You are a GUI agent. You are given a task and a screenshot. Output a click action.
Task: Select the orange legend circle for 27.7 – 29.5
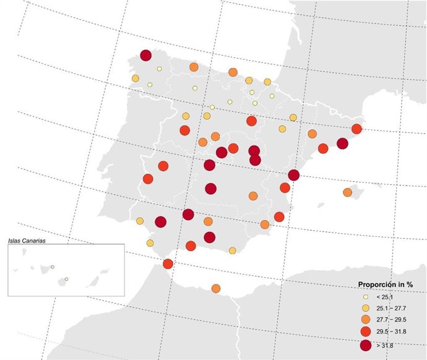coord(366,319)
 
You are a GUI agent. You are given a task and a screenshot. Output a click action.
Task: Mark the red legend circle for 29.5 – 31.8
coord(366,331)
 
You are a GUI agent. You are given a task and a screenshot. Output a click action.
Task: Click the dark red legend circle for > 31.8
coord(366,345)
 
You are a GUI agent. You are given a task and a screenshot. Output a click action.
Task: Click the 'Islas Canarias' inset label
coord(28,240)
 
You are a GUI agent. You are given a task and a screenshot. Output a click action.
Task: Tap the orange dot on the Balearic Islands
coord(348,192)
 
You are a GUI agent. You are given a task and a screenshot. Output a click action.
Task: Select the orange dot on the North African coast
coord(216,288)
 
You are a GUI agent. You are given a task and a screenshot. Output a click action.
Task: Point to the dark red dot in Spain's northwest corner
coord(146,56)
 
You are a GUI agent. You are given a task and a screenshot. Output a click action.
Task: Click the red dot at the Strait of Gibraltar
coord(168,264)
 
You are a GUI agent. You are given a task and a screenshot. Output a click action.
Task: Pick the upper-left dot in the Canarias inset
coord(53,267)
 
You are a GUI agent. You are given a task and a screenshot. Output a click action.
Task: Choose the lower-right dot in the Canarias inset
coord(66,280)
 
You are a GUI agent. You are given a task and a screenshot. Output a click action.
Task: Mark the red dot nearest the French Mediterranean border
coord(356,129)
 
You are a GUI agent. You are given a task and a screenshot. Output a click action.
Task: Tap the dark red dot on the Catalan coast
coord(342,144)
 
